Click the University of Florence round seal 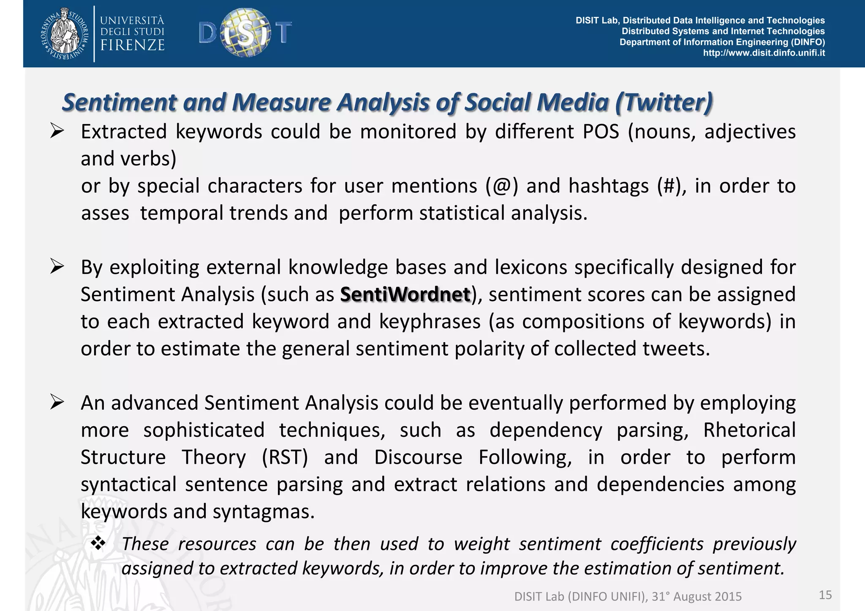(65, 33)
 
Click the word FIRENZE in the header (132, 45)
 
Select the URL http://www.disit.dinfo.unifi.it (764, 53)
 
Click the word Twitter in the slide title (664, 103)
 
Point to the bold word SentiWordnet (405, 295)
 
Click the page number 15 (825, 595)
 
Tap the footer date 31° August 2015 (696, 597)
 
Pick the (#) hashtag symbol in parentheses (669, 186)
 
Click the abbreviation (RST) (285, 457)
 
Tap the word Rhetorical (749, 430)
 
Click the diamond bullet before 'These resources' (98, 543)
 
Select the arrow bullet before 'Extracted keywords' (57, 131)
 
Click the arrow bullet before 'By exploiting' (57, 267)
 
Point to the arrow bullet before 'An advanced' (57, 402)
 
